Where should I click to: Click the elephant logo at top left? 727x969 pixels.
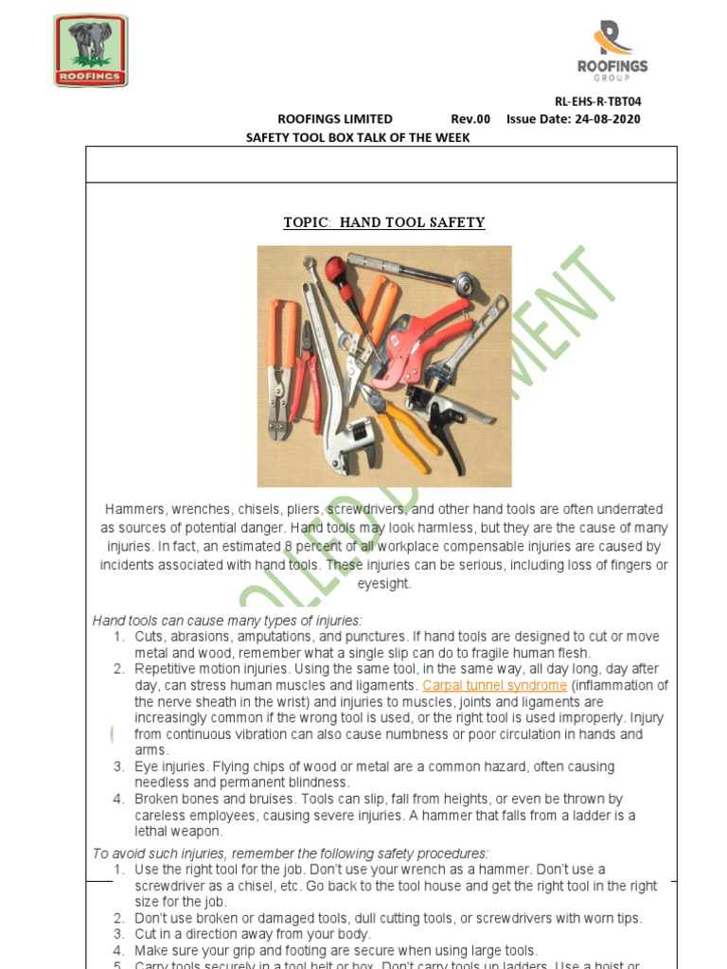90,50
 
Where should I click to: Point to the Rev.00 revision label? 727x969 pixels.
470,119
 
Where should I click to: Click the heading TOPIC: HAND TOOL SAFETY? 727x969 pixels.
384,222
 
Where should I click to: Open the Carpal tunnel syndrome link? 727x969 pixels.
495,685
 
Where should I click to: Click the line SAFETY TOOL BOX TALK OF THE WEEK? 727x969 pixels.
358,137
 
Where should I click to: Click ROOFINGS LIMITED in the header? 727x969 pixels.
334,119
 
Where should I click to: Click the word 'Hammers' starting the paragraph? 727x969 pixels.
134,509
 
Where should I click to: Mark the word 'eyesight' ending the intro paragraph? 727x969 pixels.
384,584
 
